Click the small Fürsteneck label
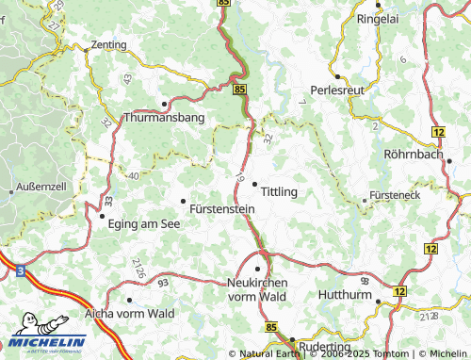click(x=395, y=197)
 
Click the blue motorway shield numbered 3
click(x=20, y=270)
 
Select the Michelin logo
click(x=44, y=341)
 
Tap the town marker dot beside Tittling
click(x=254, y=185)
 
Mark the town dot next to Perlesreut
click(x=336, y=76)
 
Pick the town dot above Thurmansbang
click(x=165, y=104)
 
